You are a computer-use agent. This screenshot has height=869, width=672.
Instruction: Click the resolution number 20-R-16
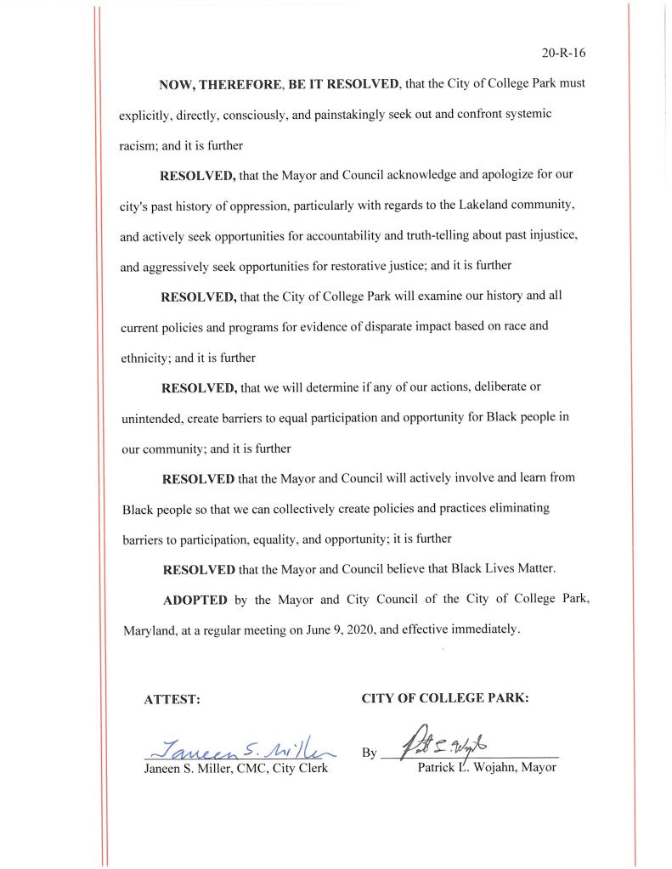click(564, 53)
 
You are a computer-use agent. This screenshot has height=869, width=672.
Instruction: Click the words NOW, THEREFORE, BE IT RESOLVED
click(280, 85)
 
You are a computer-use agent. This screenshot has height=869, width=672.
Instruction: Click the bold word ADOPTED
click(195, 600)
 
